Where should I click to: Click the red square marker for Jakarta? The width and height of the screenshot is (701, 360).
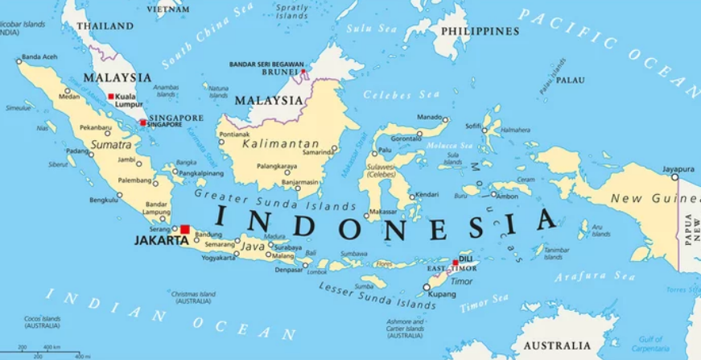[x=185, y=230]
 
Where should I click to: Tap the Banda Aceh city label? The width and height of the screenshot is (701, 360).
[x=39, y=57]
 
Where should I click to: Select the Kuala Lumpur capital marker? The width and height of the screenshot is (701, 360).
[x=111, y=96]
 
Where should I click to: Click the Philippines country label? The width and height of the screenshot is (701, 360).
[x=480, y=31]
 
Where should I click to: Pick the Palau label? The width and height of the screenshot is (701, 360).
[x=571, y=80]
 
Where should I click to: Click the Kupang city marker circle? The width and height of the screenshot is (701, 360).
[x=427, y=287]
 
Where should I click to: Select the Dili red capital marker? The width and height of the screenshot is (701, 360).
[x=456, y=263]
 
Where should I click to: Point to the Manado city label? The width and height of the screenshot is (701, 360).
[x=429, y=118]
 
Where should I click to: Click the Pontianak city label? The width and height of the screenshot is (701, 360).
[x=234, y=134]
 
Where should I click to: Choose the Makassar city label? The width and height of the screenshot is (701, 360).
[x=382, y=212]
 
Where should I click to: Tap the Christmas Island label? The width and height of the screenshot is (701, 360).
[x=193, y=297]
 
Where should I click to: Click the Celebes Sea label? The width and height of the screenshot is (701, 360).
[x=393, y=95]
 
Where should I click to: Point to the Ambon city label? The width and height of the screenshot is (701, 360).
[x=507, y=196]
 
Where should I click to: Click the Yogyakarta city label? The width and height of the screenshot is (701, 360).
[x=218, y=258]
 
